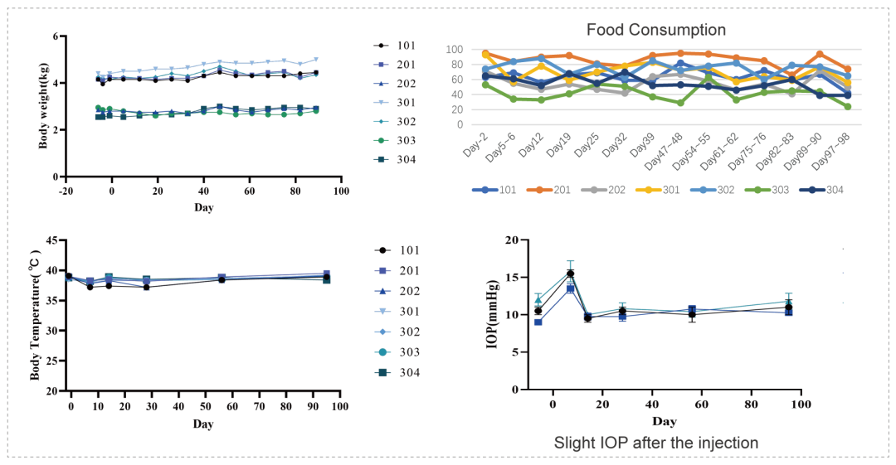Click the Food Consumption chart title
click(x=655, y=30)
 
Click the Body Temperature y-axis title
click(x=36, y=316)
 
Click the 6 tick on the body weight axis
click(x=54, y=36)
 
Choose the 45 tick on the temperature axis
click(x=51, y=240)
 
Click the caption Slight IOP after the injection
click(x=655, y=443)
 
